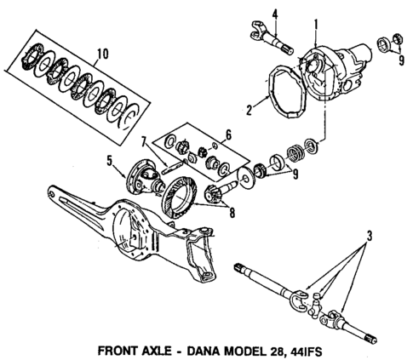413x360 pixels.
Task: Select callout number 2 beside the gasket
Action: click(x=250, y=107)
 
